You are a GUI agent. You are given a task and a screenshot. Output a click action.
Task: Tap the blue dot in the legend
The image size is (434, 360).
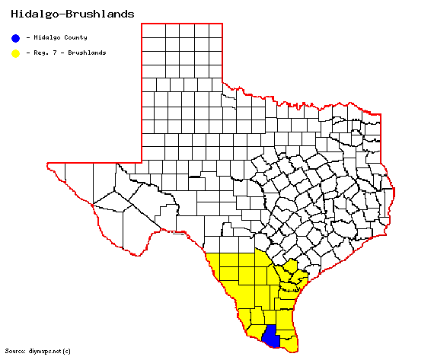(15, 37)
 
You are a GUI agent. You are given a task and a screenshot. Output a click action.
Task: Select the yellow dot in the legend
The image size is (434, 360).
(15, 53)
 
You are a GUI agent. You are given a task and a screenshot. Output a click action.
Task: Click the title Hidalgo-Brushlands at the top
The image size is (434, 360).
(69, 14)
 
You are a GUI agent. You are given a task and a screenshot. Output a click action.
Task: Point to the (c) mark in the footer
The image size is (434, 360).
(67, 351)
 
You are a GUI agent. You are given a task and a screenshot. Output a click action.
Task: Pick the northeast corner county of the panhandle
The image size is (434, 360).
(215, 30)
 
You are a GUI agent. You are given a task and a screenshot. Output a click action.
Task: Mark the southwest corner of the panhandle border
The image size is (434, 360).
(142, 162)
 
